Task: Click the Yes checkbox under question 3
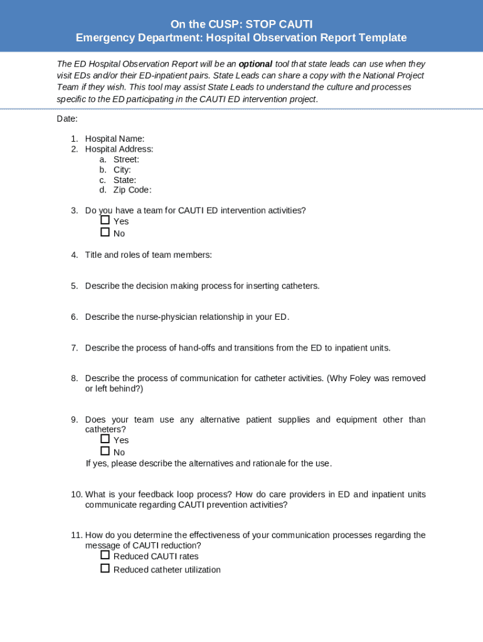105,220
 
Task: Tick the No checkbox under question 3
105,232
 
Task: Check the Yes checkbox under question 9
105,439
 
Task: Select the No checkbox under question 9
105,451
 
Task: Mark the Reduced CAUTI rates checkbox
105,555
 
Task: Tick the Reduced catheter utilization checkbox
105,569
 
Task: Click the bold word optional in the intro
255,64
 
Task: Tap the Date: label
67,118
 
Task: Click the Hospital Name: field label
115,139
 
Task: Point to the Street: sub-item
126,159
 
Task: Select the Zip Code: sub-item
132,190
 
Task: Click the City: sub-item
122,169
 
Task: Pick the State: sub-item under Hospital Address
125,180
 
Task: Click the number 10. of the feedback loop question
76,495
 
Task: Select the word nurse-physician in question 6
167,317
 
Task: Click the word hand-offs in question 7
197,347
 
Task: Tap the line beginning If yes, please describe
208,463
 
